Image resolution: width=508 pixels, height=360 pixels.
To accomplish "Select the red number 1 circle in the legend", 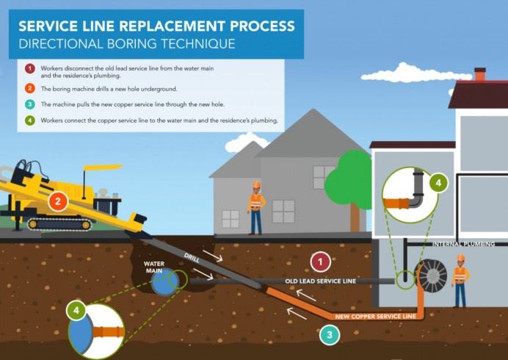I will [x=29, y=69].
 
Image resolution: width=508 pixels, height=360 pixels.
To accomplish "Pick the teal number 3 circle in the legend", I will [x=29, y=105].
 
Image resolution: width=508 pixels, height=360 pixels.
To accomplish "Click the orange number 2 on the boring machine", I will [x=57, y=200].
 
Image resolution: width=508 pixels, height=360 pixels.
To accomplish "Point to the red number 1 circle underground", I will [x=321, y=262].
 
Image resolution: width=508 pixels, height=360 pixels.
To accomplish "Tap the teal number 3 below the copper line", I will [x=330, y=334].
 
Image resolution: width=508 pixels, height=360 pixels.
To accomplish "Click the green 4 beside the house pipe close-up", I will [x=437, y=183].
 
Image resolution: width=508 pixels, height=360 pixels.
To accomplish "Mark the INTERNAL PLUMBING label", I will [x=469, y=243].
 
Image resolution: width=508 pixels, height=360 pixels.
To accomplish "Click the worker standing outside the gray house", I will [x=255, y=206].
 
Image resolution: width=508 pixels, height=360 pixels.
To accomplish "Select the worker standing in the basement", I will [x=460, y=280].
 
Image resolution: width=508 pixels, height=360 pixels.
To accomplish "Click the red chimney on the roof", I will [x=479, y=74].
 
